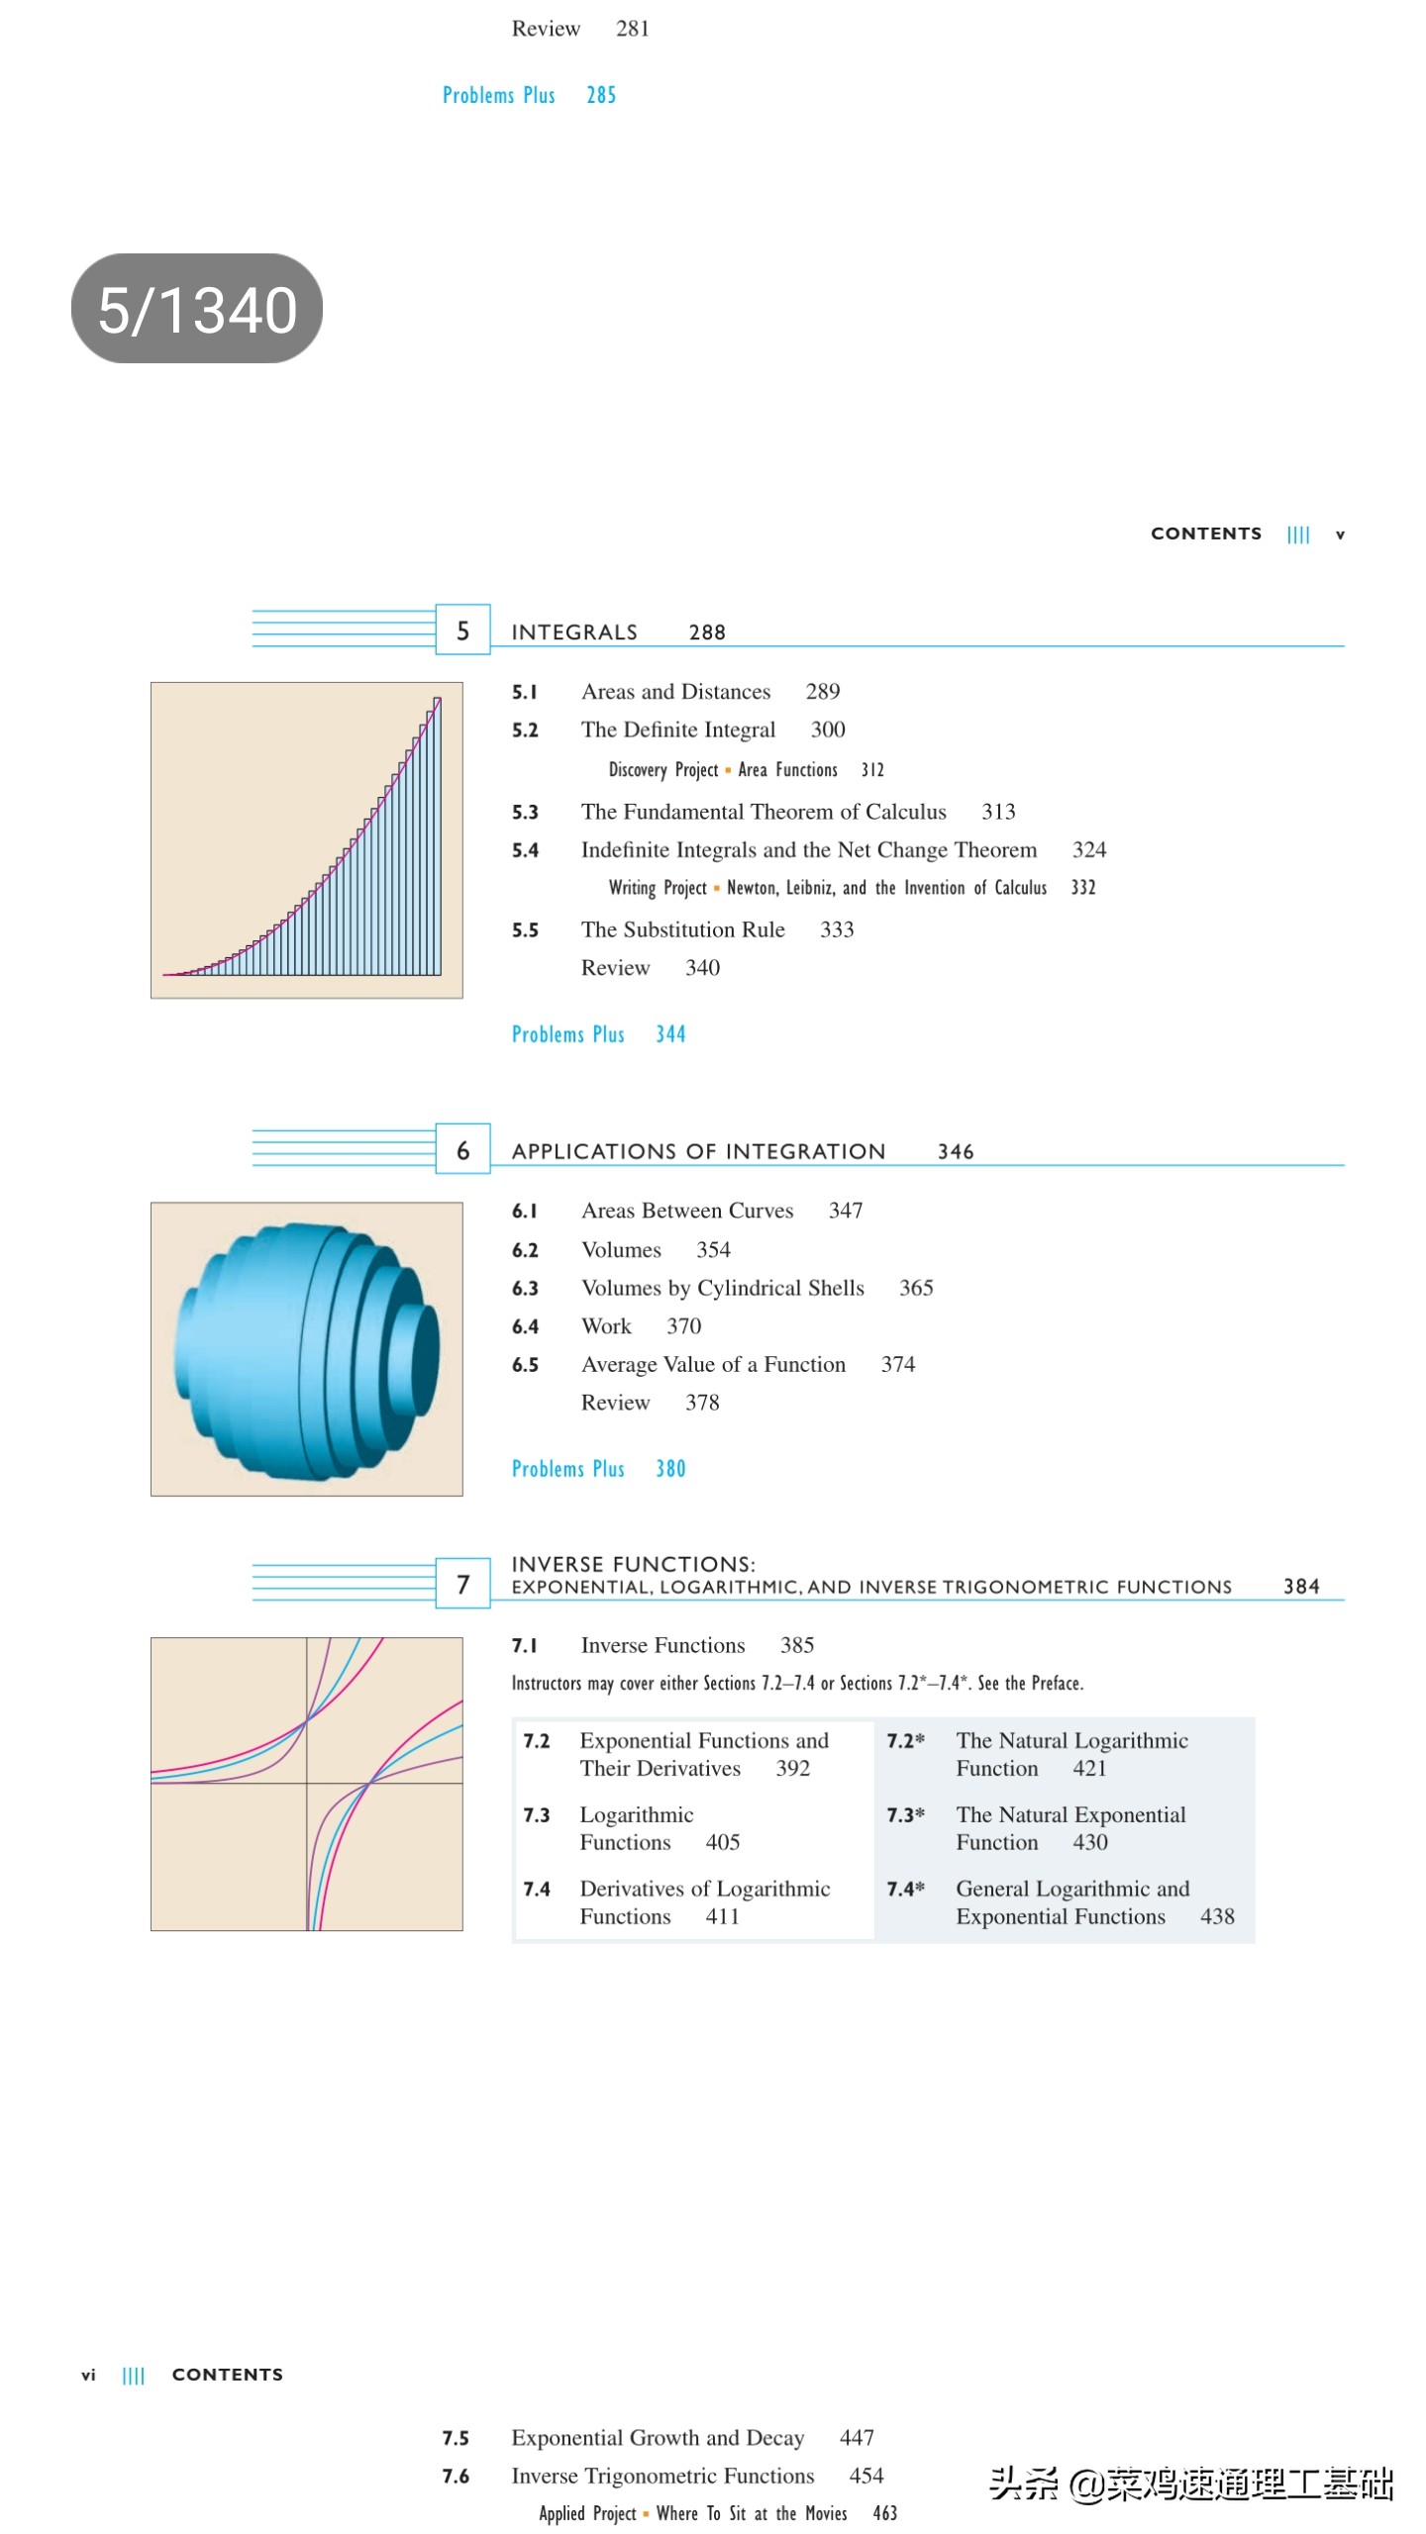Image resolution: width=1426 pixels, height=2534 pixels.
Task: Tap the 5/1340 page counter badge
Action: click(196, 308)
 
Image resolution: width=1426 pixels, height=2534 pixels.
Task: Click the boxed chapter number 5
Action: click(462, 630)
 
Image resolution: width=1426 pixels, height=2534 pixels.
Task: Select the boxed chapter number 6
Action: click(462, 1149)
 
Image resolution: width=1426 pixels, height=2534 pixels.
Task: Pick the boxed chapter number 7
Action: click(462, 1584)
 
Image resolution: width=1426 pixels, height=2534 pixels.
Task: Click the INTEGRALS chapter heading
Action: click(573, 632)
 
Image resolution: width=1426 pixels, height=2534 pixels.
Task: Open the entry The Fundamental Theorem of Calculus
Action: click(763, 812)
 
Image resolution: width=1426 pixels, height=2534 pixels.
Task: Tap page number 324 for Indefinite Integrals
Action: click(1088, 849)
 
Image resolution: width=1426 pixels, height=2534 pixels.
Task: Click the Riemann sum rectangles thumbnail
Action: click(306, 839)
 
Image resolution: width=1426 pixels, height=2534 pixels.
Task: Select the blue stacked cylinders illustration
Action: click(306, 1348)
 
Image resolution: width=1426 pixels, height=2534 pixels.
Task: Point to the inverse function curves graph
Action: click(306, 1783)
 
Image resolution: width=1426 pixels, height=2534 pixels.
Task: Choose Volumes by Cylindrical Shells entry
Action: click(722, 1288)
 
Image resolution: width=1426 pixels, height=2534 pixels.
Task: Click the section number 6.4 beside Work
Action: click(525, 1326)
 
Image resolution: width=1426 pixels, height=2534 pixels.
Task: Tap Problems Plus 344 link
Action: click(598, 1034)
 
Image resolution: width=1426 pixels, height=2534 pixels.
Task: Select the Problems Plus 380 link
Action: click(598, 1469)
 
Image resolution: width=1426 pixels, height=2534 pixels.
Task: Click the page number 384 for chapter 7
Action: click(1300, 1586)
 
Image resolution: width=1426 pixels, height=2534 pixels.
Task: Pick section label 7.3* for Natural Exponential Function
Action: click(905, 1814)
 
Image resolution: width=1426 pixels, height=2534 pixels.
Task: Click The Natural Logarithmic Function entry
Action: click(1070, 1754)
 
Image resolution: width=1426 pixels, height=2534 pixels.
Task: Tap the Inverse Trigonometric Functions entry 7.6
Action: click(662, 2476)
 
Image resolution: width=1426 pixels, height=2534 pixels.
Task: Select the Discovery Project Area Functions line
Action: click(745, 770)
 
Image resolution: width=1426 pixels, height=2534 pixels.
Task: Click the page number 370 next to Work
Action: click(683, 1326)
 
